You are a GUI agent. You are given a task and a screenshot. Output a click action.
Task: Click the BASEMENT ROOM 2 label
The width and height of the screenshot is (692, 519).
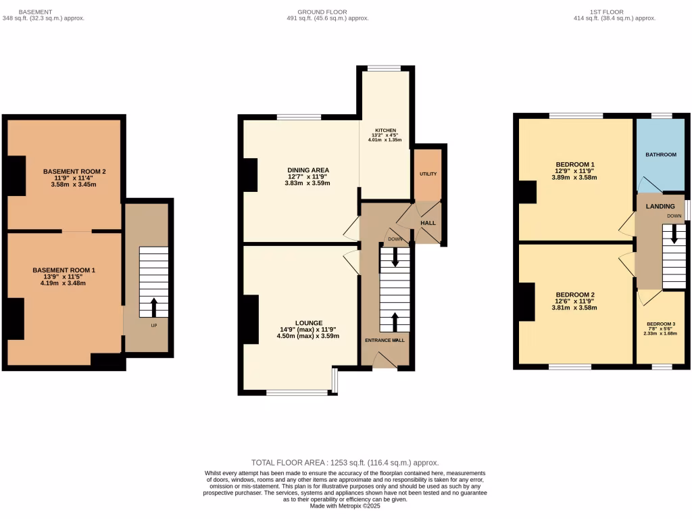click(x=74, y=172)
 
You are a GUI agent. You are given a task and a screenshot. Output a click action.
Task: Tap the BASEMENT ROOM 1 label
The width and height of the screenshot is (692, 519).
click(x=64, y=270)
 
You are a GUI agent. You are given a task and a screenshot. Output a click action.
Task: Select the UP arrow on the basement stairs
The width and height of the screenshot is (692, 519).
click(x=153, y=307)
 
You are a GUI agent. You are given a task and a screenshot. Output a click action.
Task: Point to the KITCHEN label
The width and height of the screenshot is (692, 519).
click(x=386, y=130)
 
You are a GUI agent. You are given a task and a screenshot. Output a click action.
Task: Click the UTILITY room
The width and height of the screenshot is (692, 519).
click(x=428, y=174)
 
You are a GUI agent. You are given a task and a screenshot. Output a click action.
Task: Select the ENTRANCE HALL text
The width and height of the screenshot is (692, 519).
click(x=385, y=340)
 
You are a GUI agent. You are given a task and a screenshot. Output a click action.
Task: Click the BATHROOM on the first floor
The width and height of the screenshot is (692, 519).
click(x=660, y=155)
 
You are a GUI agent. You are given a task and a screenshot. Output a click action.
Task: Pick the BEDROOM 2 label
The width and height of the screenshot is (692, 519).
click(x=574, y=295)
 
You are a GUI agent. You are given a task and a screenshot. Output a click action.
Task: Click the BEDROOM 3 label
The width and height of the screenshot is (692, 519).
click(x=660, y=324)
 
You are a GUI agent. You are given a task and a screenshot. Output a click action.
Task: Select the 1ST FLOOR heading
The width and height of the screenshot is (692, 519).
click(x=606, y=11)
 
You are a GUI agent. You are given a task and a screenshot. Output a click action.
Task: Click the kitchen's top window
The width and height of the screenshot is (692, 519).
click(x=384, y=68)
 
